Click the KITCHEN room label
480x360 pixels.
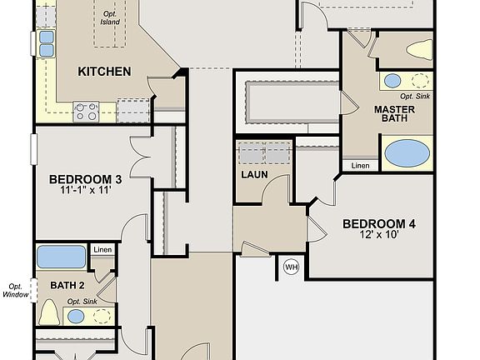point(104,72)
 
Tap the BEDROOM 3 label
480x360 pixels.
point(85,179)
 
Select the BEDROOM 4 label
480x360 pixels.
point(379,223)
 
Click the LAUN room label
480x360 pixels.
point(254,175)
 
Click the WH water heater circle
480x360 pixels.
point(291,267)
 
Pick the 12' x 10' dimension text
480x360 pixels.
point(379,235)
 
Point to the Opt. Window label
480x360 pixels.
point(16,289)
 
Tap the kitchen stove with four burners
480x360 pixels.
point(86,110)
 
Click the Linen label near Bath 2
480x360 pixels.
point(102,250)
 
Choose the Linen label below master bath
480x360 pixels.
point(360,166)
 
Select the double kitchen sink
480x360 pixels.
point(47,43)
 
